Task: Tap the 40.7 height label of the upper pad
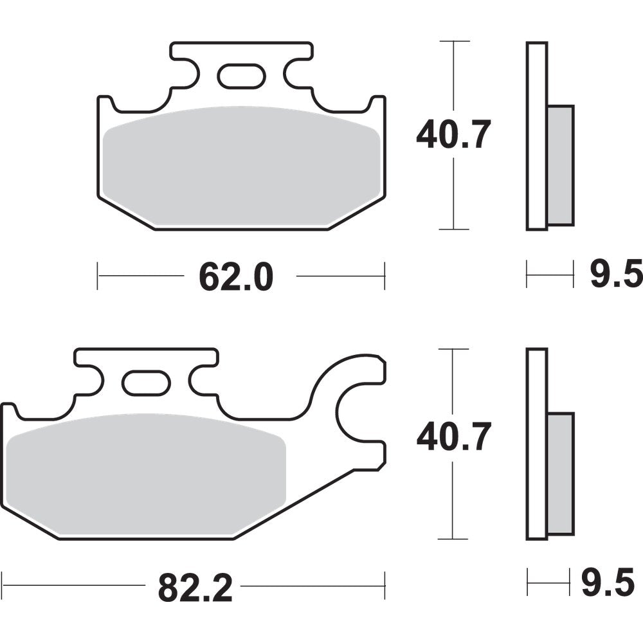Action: click(x=453, y=136)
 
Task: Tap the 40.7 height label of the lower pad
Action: click(x=453, y=437)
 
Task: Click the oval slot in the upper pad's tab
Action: click(x=241, y=77)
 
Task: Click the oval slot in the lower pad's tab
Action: click(x=146, y=384)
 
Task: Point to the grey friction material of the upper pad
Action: click(x=241, y=167)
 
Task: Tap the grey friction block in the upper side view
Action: click(x=561, y=165)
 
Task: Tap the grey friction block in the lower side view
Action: click(x=561, y=473)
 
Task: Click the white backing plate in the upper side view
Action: click(x=536, y=136)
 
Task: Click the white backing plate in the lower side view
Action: click(x=536, y=444)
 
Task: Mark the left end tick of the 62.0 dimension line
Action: click(x=98, y=276)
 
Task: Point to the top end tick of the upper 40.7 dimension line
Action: click(x=454, y=42)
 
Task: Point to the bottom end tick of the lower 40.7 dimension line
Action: click(x=454, y=539)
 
